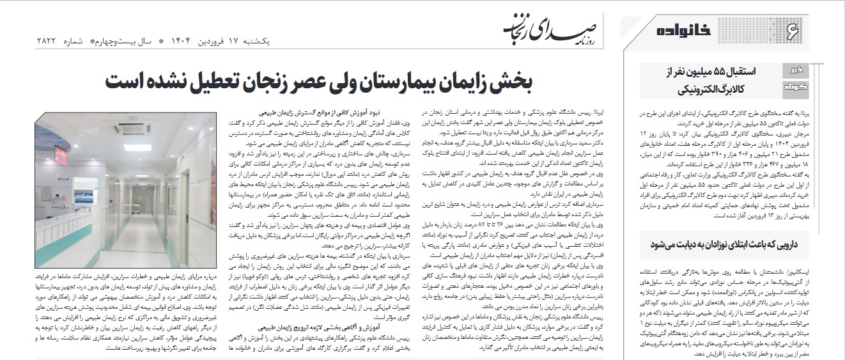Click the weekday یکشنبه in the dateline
(256, 41)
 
